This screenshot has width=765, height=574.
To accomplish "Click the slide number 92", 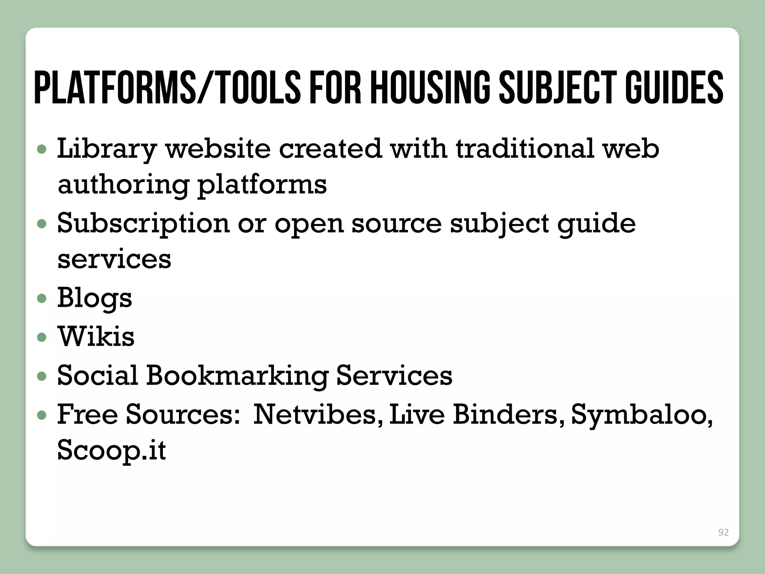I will (723, 533).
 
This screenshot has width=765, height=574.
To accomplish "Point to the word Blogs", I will (95, 299).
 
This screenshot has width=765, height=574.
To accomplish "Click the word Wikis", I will (96, 336).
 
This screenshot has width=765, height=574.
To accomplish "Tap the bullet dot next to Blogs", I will (42, 299).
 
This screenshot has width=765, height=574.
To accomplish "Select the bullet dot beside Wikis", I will (42, 337).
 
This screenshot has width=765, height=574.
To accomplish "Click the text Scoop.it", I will (111, 450).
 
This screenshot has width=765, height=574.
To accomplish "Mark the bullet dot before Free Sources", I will (42, 415).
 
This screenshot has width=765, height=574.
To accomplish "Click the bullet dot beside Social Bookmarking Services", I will (42, 376).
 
